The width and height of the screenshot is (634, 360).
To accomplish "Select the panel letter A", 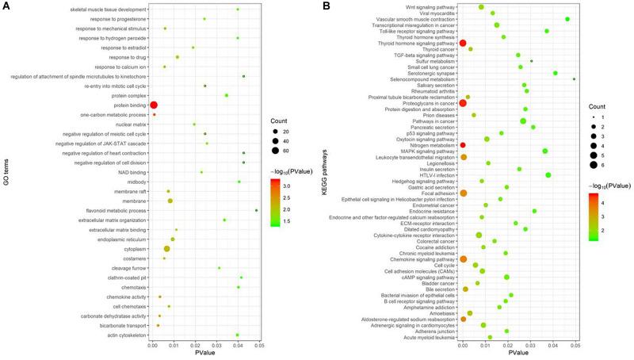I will (6, 6).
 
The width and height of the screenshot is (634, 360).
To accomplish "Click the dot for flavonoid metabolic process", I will (257, 233).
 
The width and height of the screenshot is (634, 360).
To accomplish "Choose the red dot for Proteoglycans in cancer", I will (463, 103).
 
